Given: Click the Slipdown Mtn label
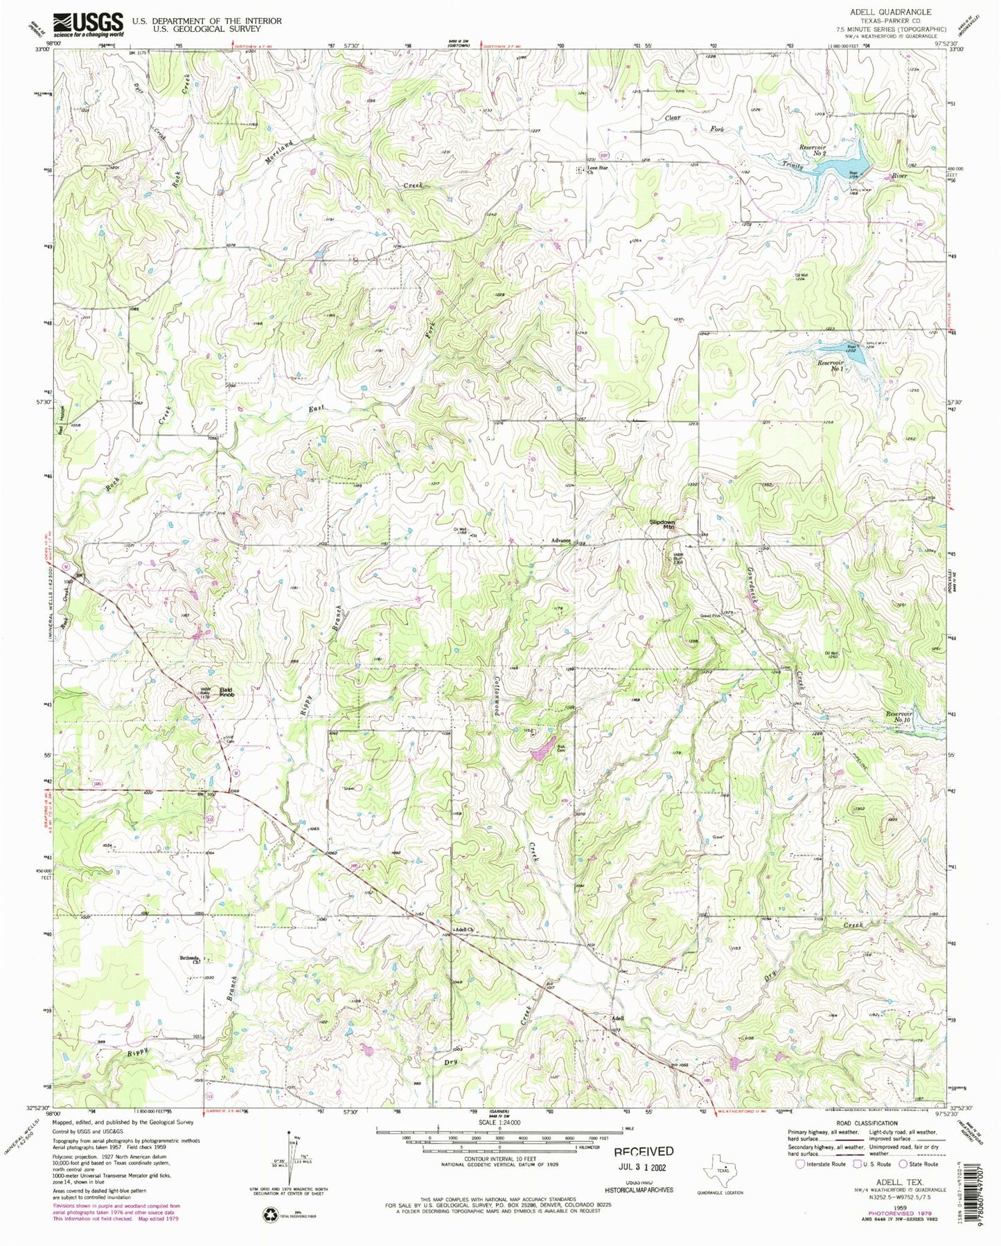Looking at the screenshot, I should pos(662,524).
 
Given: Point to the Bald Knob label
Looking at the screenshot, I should pos(227,691).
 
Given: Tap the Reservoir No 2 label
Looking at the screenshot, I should pos(813,150).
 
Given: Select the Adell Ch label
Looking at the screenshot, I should pos(463,929).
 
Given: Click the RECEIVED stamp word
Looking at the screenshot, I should pos(644,1152).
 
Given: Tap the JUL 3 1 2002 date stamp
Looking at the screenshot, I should pos(644,1167).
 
